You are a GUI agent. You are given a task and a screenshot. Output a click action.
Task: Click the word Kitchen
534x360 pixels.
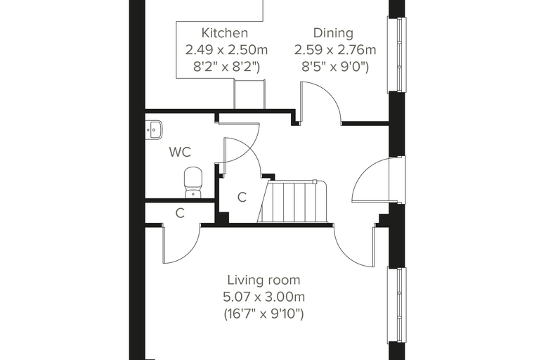coord(224,33)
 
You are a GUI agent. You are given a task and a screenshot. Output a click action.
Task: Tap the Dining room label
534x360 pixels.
coord(333,33)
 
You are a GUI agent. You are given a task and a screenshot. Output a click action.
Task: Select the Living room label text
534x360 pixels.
coord(263,281)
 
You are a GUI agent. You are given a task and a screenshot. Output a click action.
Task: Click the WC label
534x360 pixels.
coord(180,152)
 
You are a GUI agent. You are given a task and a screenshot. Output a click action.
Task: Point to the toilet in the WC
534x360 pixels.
coord(193,182)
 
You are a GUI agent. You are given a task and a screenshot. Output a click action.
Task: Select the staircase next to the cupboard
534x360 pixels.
coord(294,202)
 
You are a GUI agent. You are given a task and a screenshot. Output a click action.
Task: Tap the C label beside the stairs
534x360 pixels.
coord(242,197)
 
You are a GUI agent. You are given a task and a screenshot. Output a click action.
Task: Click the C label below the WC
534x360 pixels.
coord(180,213)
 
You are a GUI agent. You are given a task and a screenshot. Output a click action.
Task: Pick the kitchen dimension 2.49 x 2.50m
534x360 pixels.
coord(226,50)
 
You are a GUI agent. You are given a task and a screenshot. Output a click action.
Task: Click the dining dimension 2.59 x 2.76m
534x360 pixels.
coord(335,50)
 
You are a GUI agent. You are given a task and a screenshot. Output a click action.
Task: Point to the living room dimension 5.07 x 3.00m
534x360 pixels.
coord(264,297)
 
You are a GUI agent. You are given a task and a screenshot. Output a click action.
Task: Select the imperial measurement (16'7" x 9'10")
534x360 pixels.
coord(263,314)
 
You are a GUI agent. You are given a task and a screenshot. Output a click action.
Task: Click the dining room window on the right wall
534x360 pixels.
coord(397,55)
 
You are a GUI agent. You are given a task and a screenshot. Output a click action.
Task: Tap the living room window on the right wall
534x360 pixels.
coord(397,305)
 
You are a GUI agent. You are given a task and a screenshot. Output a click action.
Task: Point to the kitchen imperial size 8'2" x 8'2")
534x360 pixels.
coord(226,67)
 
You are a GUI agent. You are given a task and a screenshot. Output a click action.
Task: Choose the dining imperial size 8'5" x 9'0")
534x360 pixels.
coord(335,67)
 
